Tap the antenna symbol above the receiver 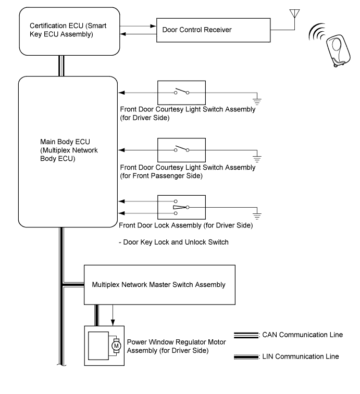coord(294,14)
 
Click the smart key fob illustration coord(338,50)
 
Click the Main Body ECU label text coord(69,150)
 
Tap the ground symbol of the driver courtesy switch coord(257,101)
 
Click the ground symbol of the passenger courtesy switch coord(257,159)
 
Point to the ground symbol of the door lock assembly coord(257,216)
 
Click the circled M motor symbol coord(116,346)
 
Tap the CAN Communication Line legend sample coord(246,335)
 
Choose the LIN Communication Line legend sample coord(246,357)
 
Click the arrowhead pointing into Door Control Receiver coord(153,26)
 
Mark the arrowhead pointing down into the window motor coord(113,323)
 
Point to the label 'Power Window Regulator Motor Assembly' coord(176,346)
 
